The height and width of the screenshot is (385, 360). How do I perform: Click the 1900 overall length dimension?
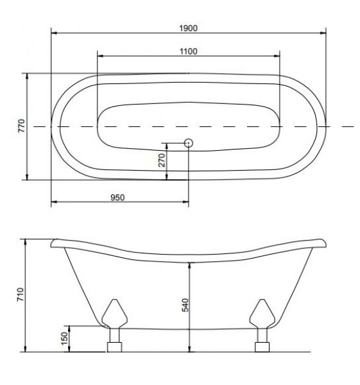click(x=189, y=28)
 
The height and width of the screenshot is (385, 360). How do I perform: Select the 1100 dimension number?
click(x=189, y=51)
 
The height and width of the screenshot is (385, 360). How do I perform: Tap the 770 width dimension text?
click(x=22, y=126)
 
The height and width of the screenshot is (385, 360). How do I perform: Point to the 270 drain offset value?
click(x=162, y=160)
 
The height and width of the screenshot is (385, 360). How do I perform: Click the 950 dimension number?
click(x=117, y=198)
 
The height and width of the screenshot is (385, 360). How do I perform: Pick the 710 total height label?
click(x=21, y=295)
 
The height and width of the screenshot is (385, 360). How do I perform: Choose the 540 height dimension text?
click(x=185, y=305)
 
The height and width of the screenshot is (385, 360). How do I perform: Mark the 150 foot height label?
click(x=64, y=339)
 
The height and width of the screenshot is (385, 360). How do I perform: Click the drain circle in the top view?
click(x=189, y=143)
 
